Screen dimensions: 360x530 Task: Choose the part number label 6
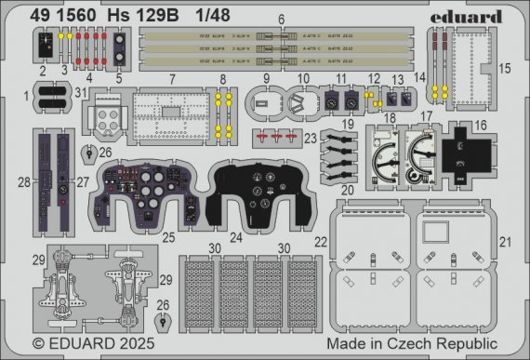point(282,20)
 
